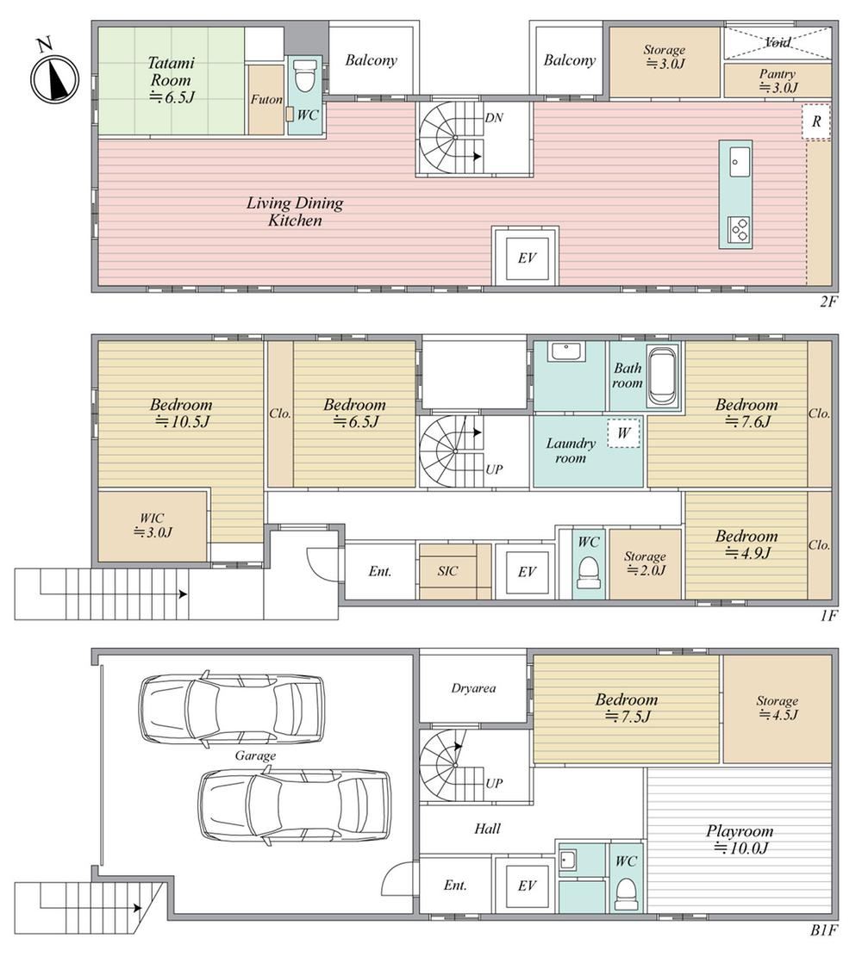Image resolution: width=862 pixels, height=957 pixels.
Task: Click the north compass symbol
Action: coord(55,77)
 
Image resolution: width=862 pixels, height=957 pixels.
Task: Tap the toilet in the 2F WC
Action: coord(303,76)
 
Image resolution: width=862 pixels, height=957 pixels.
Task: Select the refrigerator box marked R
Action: coord(816,121)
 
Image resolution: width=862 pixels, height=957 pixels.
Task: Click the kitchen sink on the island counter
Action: coord(740,161)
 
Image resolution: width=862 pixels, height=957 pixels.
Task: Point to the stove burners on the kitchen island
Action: coord(740,230)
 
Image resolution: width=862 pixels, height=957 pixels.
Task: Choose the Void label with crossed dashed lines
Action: coord(778,42)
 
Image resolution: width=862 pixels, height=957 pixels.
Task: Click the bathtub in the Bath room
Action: coord(662,376)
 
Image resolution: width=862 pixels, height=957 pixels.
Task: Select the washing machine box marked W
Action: coord(624,433)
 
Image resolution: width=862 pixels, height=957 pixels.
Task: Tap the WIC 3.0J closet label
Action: coord(153,525)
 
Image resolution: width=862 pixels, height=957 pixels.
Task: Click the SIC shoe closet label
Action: coord(447,571)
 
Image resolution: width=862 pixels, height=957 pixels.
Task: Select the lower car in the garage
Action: coord(295,805)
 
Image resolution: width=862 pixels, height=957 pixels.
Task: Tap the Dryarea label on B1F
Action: coord(473,688)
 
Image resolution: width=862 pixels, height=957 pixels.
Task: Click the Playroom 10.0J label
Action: coord(740,839)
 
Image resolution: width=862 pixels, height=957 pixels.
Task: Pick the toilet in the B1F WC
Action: coord(625,893)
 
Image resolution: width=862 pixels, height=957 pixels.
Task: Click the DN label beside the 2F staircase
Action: coord(494,118)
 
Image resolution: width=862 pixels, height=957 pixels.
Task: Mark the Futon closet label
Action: coord(266,99)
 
